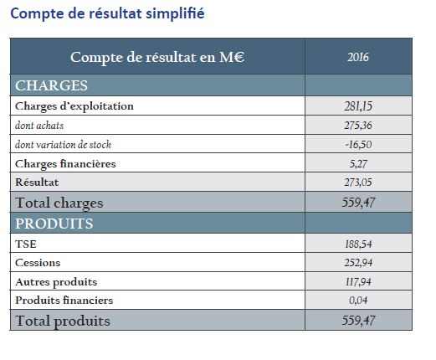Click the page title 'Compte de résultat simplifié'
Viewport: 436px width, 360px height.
point(107,13)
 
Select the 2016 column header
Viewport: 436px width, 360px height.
point(358,57)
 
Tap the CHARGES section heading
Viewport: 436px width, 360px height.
point(51,85)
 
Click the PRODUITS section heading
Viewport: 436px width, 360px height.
point(54,224)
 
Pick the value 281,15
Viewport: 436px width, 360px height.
point(358,106)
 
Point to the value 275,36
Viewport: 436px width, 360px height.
point(358,126)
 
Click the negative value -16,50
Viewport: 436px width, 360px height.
point(358,145)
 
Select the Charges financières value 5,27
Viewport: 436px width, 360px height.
point(358,163)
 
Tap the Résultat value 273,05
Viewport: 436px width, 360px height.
point(358,183)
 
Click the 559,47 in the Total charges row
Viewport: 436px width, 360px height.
point(358,203)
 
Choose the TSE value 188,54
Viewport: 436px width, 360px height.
point(358,244)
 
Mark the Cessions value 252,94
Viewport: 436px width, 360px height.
point(358,263)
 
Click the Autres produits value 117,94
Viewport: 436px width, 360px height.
point(358,281)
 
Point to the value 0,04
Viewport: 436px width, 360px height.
point(358,301)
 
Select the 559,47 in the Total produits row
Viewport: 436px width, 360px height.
point(358,321)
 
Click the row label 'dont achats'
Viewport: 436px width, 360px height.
point(39,126)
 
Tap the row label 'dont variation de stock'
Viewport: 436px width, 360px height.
point(63,145)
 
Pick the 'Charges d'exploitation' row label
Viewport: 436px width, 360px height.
point(74,106)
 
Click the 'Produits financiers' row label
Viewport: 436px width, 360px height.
point(64,301)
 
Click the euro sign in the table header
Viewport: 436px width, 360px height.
point(239,57)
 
